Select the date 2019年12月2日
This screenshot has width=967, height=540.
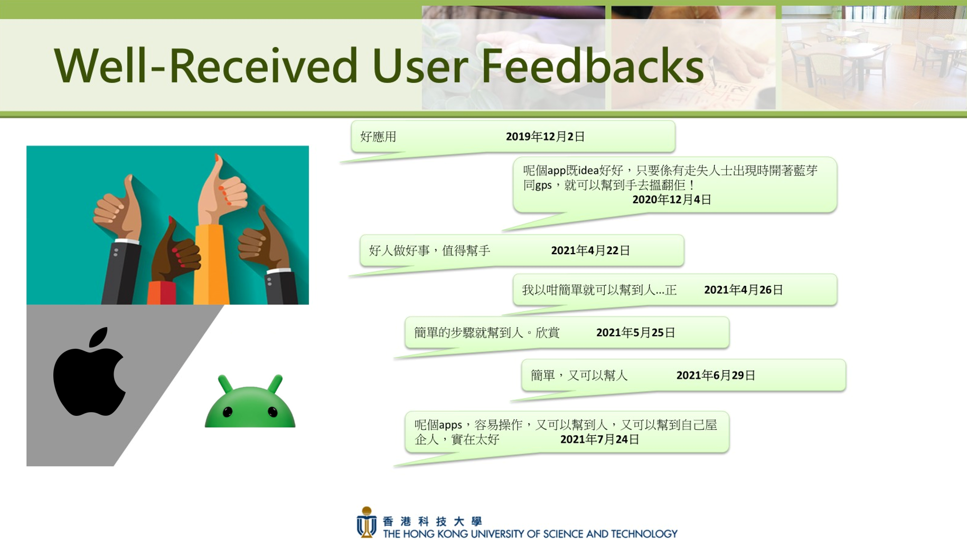point(545,136)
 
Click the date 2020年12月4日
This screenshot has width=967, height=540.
point(672,199)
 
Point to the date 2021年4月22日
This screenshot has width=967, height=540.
point(590,250)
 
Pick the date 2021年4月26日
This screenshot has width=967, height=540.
point(744,290)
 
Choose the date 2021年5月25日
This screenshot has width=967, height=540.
point(636,332)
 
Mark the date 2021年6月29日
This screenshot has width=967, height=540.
point(716,375)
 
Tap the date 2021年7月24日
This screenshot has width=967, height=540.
point(600,439)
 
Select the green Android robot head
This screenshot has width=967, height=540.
point(250,402)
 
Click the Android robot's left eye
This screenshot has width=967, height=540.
point(228,412)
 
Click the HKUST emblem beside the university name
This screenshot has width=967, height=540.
point(367,523)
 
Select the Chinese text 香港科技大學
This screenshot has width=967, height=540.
point(432,522)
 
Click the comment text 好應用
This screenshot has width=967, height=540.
point(378,137)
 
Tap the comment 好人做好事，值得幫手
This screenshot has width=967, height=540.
point(429,250)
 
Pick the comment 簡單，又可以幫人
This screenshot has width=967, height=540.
point(579,375)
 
